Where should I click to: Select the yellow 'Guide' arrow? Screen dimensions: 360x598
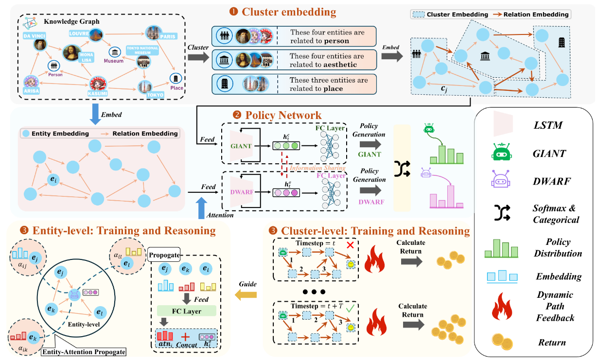tap(246, 294)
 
